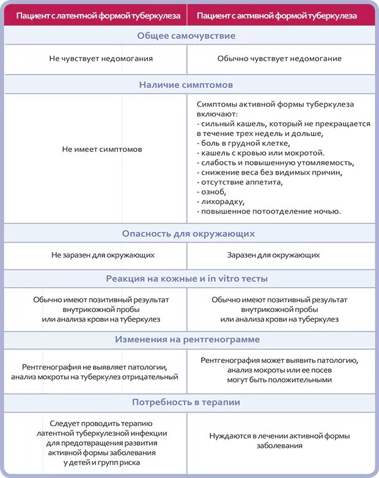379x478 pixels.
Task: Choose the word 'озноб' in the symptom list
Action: [211, 192]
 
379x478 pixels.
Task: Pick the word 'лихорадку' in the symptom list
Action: [221, 201]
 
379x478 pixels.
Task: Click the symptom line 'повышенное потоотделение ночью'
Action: [269, 211]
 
